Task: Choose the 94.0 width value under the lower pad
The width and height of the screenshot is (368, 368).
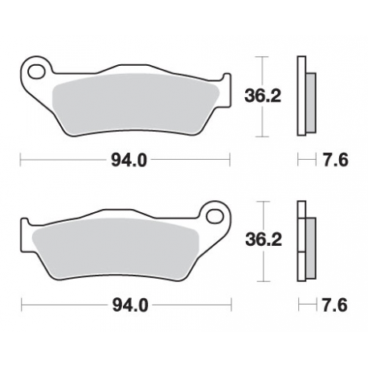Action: [127, 305]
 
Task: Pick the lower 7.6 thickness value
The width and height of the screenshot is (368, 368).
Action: [336, 305]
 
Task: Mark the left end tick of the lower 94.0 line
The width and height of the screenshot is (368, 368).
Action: [22, 305]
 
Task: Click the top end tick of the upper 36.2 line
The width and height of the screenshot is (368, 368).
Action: [260, 57]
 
